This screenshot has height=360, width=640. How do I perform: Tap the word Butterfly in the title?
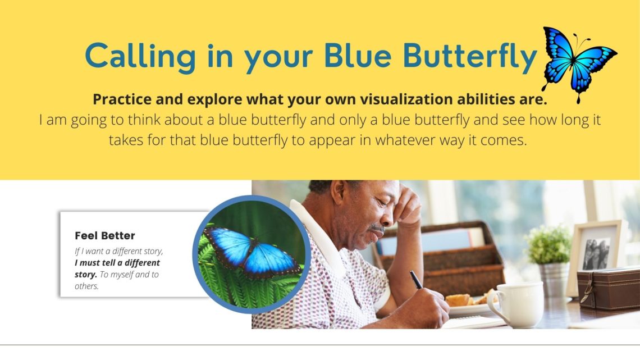(x=470, y=57)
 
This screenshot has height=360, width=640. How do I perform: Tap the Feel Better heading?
(x=105, y=235)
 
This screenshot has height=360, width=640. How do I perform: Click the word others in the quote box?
(x=86, y=286)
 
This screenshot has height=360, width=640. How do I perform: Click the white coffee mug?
(x=516, y=304)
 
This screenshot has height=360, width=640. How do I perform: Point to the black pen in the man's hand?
(x=416, y=280)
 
